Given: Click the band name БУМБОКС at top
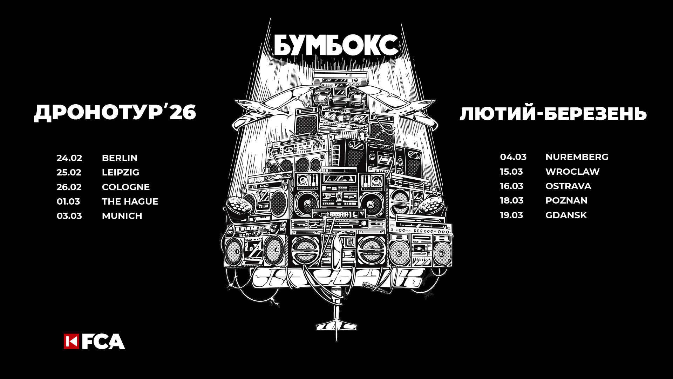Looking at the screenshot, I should (336, 45).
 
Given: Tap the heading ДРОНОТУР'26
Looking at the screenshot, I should (115, 113).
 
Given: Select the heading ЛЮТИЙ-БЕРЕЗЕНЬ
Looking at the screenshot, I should (553, 114).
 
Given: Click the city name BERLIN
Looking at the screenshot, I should (120, 158).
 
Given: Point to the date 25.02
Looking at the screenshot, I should (69, 172).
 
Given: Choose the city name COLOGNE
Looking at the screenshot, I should (125, 187).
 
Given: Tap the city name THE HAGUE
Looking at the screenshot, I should (130, 201).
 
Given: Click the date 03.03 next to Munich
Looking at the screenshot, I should (69, 216).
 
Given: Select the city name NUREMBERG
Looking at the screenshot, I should (577, 157).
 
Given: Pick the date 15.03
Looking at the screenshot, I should (511, 172).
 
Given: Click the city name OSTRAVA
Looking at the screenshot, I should (568, 186).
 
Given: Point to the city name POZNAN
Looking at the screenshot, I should (566, 200).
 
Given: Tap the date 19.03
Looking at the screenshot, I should (511, 215).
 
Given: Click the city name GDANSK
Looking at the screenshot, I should (566, 215).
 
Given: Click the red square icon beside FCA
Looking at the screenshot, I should (71, 341).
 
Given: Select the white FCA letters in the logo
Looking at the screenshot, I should (103, 341).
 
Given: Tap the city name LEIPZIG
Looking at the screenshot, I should (121, 172).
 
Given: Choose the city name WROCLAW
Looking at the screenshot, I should (572, 172).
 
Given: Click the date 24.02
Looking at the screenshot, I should (69, 158).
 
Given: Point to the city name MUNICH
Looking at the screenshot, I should (122, 216).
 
